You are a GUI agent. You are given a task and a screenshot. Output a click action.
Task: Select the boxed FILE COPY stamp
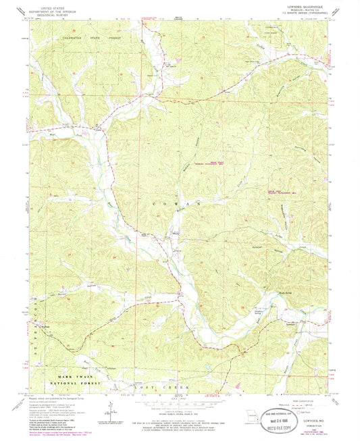coord(288,428)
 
